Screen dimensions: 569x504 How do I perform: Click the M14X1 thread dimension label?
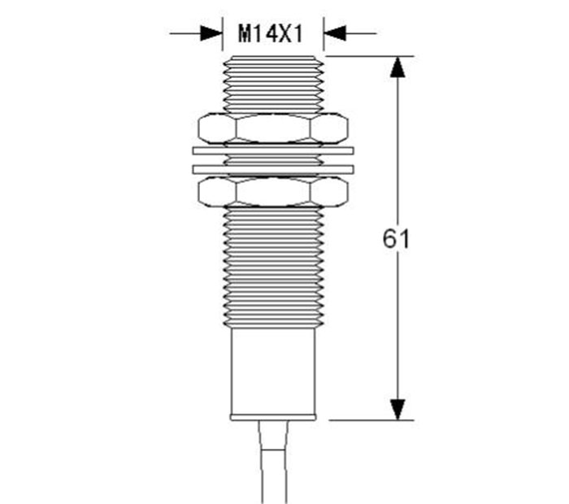(x=271, y=33)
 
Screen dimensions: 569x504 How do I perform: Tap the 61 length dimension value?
(x=396, y=238)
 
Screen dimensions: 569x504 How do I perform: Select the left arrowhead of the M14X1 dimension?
(x=211, y=33)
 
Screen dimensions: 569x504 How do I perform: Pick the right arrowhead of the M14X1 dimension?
(x=334, y=33)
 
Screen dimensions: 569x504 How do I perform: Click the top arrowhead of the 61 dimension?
(x=397, y=67)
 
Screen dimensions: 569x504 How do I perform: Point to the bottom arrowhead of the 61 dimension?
(x=397, y=410)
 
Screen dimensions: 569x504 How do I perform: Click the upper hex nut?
(x=273, y=128)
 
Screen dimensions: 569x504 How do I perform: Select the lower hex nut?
(x=273, y=191)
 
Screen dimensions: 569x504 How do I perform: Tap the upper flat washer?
(x=273, y=150)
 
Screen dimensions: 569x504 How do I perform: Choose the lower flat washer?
(x=273, y=169)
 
